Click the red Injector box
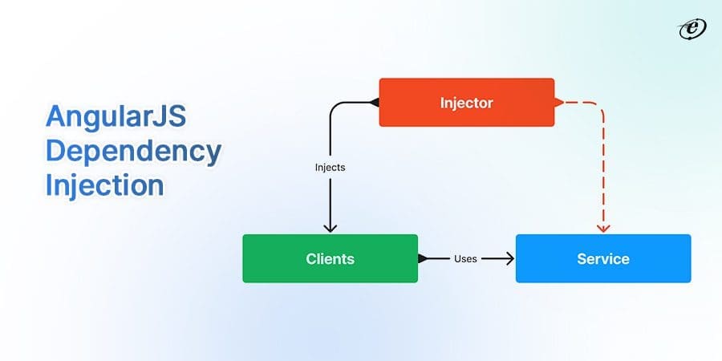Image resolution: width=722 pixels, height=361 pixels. (x=466, y=102)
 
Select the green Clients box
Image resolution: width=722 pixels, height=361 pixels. (x=330, y=258)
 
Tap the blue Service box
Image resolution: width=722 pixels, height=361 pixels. (x=602, y=258)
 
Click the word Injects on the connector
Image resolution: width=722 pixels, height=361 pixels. (x=330, y=168)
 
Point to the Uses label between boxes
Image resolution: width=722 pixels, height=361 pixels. (x=466, y=258)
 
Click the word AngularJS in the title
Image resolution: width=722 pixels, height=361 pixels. (x=116, y=117)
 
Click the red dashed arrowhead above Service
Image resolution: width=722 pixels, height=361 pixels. (x=603, y=226)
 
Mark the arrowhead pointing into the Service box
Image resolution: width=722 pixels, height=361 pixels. (x=509, y=258)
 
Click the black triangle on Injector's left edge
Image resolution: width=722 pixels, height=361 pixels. (x=374, y=102)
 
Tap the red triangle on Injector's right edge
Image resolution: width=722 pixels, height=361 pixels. (x=559, y=102)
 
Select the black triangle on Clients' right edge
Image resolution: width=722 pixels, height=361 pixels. (x=422, y=258)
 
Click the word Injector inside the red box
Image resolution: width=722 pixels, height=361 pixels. (x=466, y=103)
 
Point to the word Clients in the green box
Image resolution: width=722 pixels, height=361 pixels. (x=330, y=259)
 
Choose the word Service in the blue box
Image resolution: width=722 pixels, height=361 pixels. (x=602, y=259)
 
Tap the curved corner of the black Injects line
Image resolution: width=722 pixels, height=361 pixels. (x=334, y=107)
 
